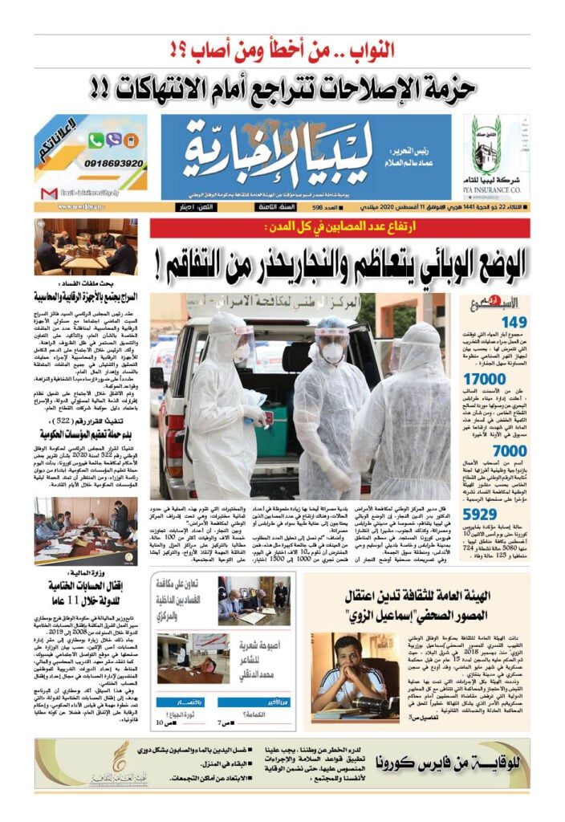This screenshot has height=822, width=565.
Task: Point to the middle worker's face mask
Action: [332, 352]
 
